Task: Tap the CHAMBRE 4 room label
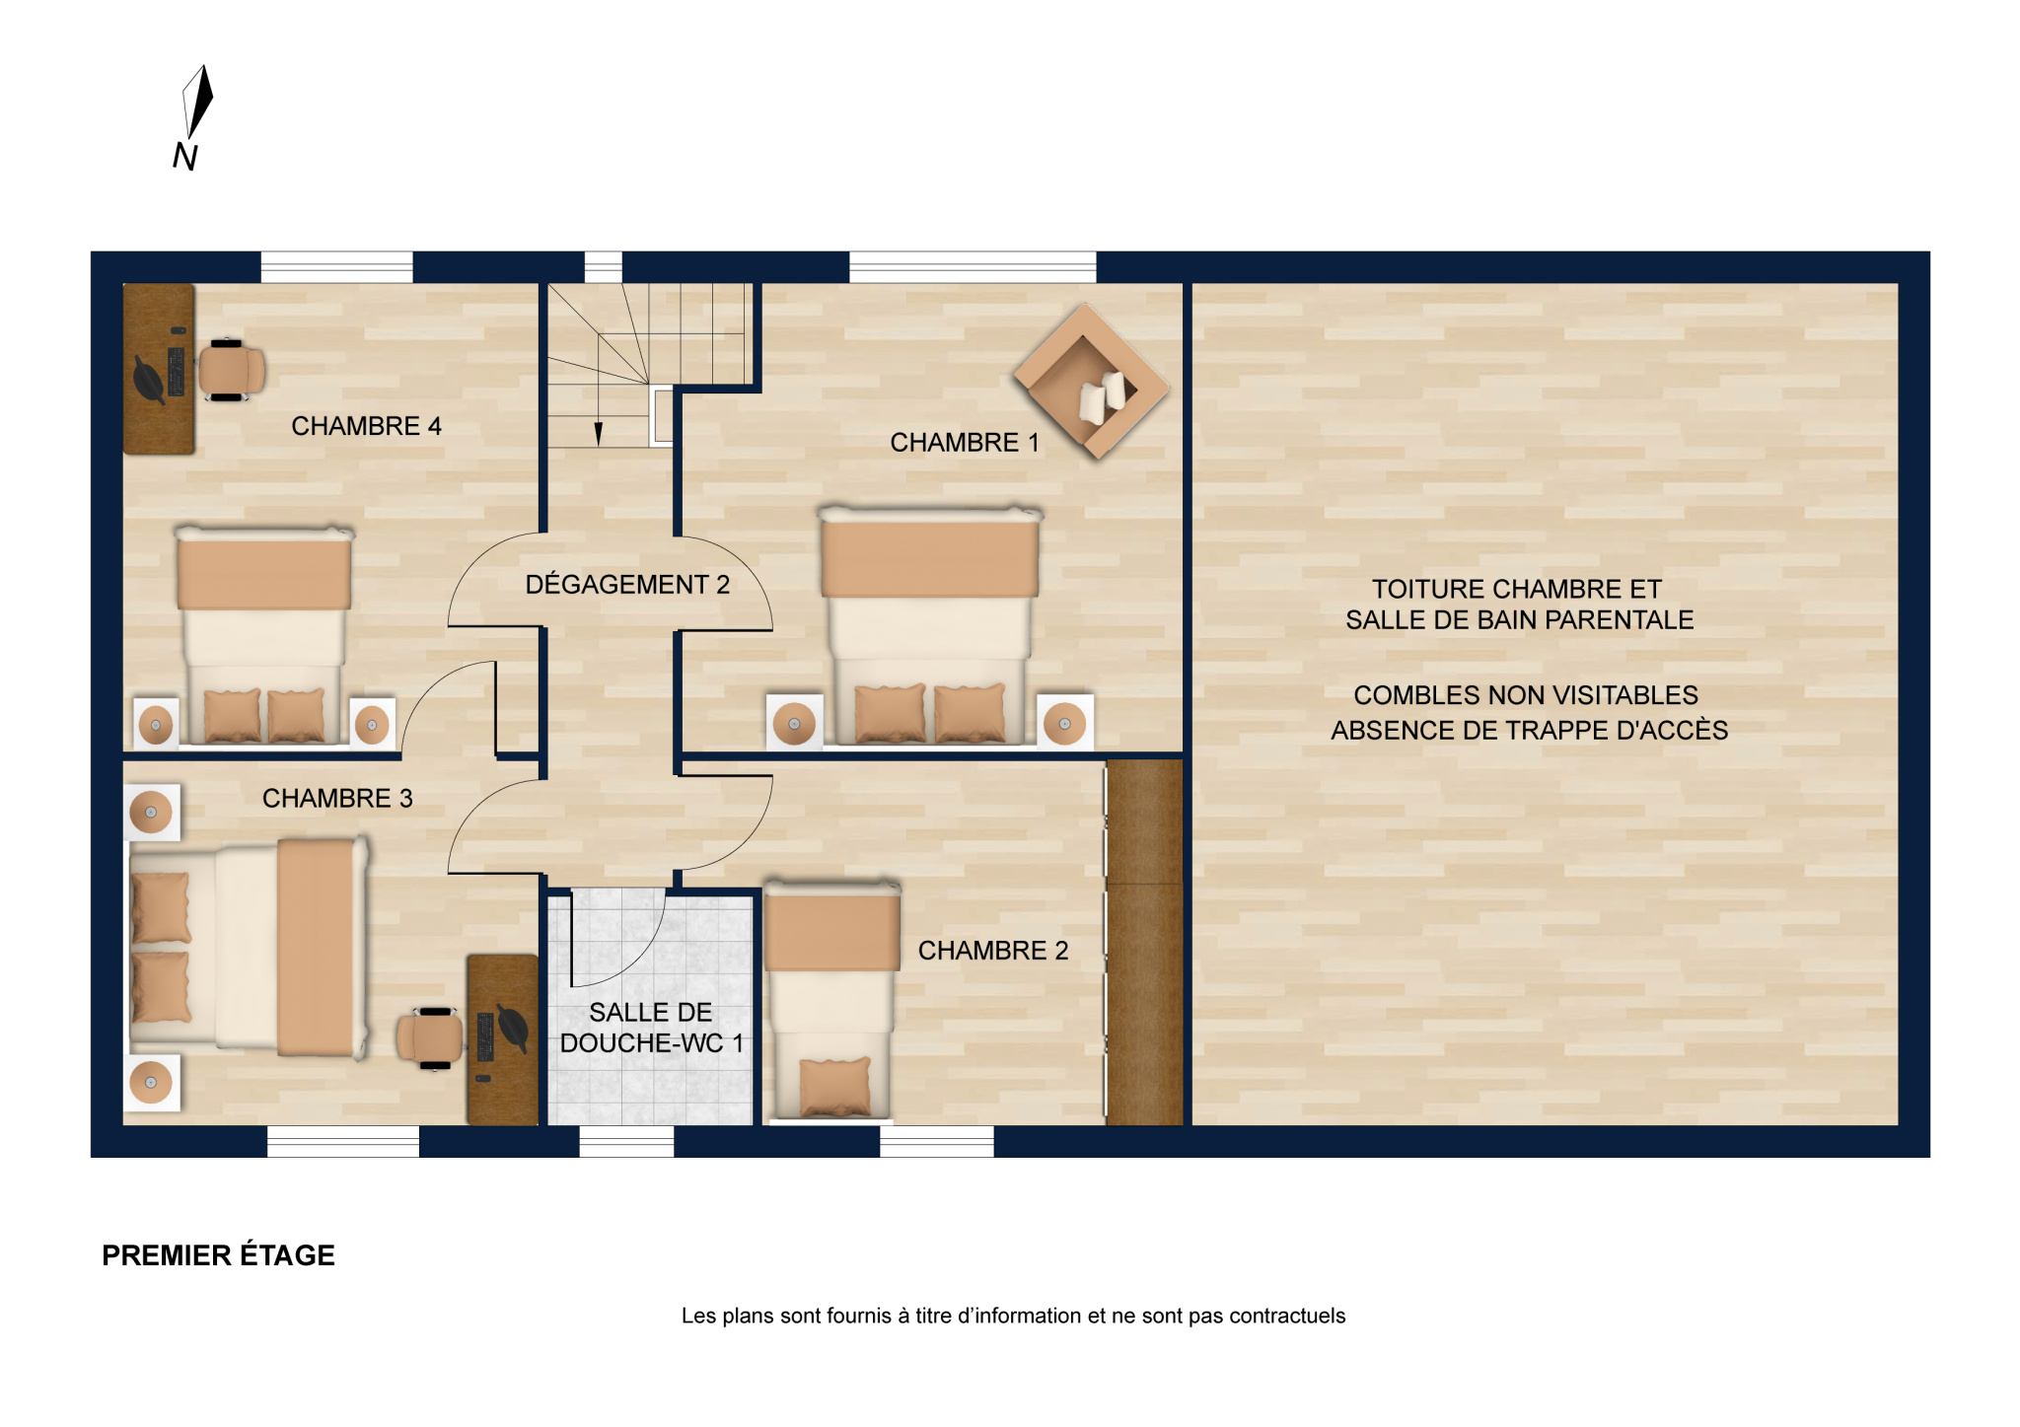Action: click(366, 426)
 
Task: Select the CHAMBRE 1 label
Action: click(965, 443)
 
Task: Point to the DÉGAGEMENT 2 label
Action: click(627, 585)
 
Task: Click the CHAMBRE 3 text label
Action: click(337, 798)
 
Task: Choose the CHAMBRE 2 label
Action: click(993, 951)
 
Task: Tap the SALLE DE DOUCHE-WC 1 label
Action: click(651, 1028)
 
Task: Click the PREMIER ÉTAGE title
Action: click(218, 1255)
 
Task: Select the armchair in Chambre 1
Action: click(1092, 382)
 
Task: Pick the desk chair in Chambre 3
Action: click(429, 1038)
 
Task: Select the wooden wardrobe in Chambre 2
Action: click(1144, 942)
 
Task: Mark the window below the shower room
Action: click(626, 1141)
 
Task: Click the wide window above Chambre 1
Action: click(973, 267)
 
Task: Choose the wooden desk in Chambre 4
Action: click(159, 369)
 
